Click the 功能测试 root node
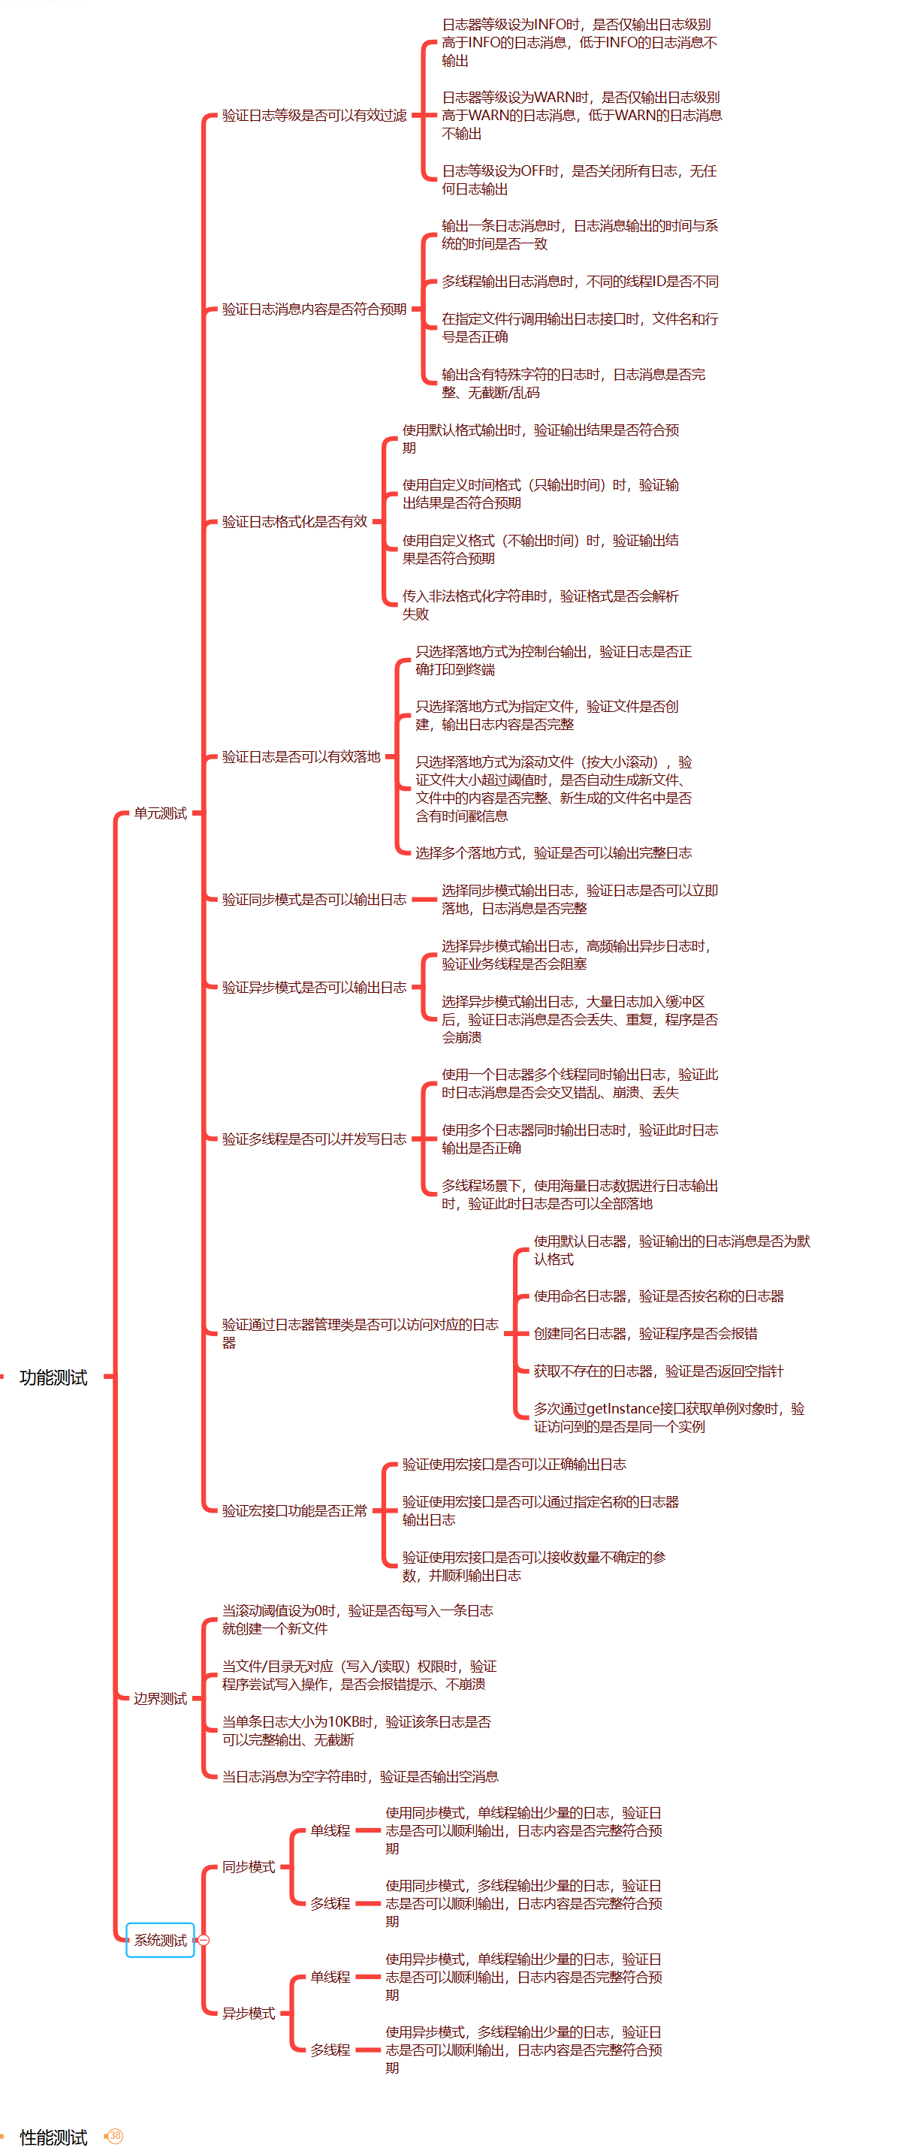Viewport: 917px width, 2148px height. pos(53,1377)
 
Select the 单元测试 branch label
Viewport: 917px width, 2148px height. pos(160,813)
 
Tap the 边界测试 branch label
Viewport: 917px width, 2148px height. pos(160,1699)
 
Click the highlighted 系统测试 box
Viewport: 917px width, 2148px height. pos(160,1939)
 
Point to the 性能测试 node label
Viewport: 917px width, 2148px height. pos(53,2136)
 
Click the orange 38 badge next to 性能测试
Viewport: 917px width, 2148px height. pos(115,2135)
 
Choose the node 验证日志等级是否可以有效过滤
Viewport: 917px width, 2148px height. pos(314,115)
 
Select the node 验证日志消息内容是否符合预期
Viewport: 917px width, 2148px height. pos(314,309)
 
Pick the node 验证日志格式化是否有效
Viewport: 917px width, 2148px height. pos(294,521)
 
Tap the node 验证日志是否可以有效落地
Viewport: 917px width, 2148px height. pos(301,756)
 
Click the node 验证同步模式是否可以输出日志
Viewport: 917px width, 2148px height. pos(314,899)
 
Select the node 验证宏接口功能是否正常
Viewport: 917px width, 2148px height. pos(294,1510)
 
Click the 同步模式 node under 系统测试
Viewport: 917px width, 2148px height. pos(249,1866)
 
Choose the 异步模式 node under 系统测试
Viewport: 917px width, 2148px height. pos(249,2013)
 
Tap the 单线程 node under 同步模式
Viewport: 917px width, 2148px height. pos(330,1830)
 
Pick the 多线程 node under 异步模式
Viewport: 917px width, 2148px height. pos(330,2050)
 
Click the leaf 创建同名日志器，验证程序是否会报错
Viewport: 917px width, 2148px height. pos(645,1333)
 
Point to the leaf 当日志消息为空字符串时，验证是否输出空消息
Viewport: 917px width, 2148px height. pos(360,1776)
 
